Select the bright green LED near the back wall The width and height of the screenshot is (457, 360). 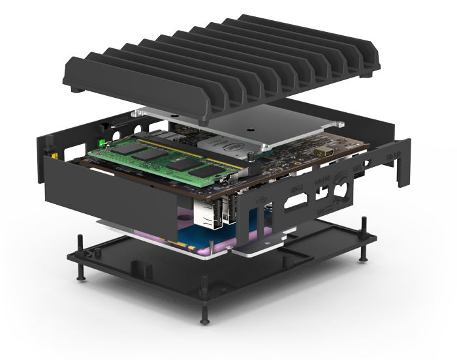102,142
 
